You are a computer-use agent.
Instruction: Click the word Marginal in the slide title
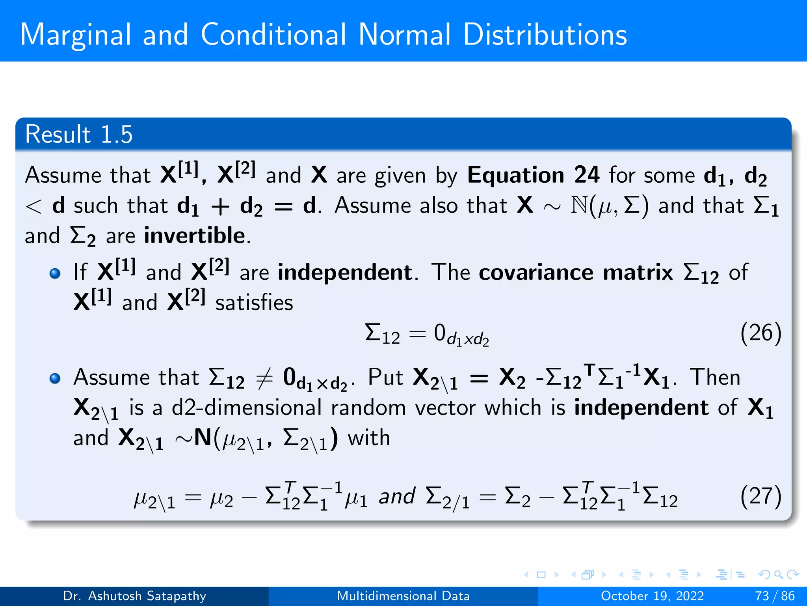[x=75, y=36]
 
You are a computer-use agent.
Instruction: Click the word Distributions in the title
[x=545, y=35]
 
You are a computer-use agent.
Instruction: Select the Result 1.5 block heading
[x=79, y=135]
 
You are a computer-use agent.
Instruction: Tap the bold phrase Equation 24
[x=533, y=175]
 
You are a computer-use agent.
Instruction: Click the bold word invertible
[x=195, y=236]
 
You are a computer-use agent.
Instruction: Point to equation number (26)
[x=761, y=333]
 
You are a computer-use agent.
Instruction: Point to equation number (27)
[x=761, y=496]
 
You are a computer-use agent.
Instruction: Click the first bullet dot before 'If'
[x=55, y=273]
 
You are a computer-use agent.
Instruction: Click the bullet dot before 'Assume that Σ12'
[x=55, y=378]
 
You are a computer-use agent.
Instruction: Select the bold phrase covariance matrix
[x=576, y=272]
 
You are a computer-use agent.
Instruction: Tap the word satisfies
[x=254, y=303]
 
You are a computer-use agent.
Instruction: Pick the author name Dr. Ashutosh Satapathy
[x=134, y=596]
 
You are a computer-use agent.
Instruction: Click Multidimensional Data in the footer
[x=403, y=596]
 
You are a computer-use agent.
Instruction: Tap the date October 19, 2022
[x=652, y=596]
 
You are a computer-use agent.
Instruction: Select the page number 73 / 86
[x=775, y=596]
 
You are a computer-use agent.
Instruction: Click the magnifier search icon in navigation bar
[x=778, y=574]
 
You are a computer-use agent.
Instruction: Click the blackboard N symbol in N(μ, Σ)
[x=579, y=206]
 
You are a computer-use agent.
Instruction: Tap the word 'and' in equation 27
[x=397, y=496]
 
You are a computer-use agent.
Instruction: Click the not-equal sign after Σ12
[x=264, y=378]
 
